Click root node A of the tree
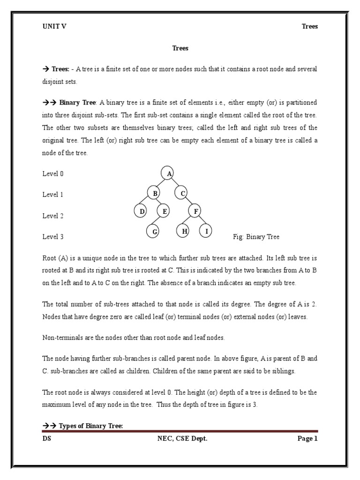[168, 173]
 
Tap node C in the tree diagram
[182, 193]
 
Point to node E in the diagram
[164, 212]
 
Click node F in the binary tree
[195, 212]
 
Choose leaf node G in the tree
[154, 231]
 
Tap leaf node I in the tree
[206, 231]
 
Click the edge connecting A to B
[161, 183]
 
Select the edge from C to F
[189, 202]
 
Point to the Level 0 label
[53, 174]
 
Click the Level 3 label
[53, 237]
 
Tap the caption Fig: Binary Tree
[256, 237]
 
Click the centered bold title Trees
[180, 48]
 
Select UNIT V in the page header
[54, 26]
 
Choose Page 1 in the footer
[307, 439]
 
